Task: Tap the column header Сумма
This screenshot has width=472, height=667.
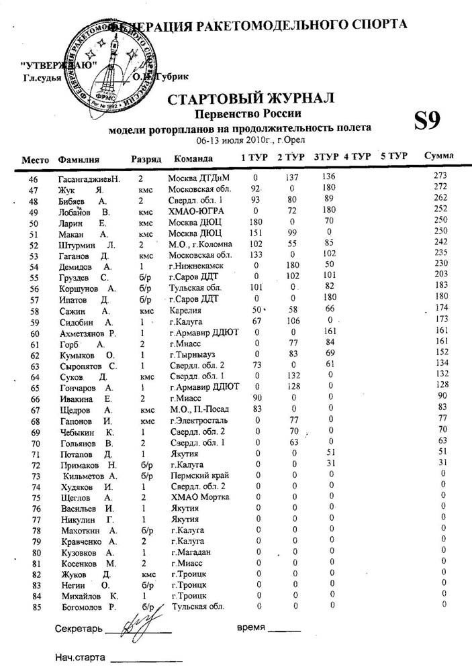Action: coord(438,156)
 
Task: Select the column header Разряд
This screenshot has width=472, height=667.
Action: coord(146,159)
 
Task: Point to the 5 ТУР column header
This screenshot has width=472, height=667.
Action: coord(393,156)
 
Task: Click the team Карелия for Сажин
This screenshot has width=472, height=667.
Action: coord(185,311)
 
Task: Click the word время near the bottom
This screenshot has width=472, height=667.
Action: coord(250,629)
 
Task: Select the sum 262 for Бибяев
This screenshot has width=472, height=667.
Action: coord(440,198)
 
